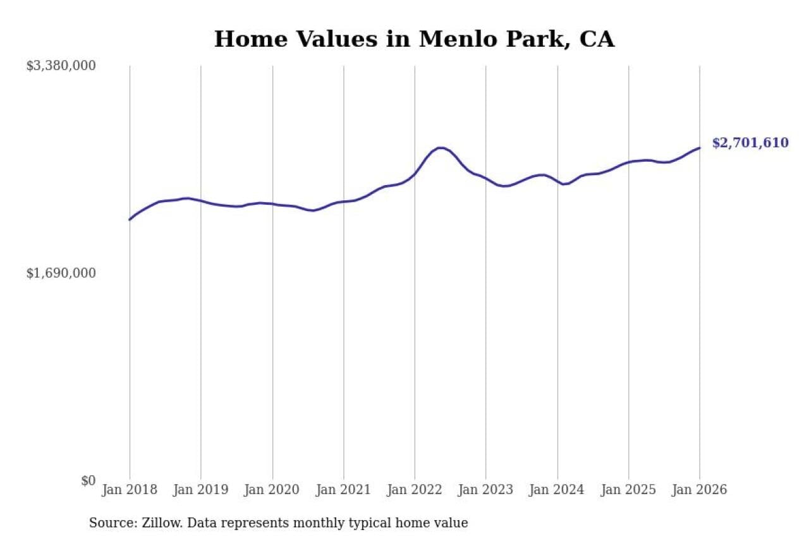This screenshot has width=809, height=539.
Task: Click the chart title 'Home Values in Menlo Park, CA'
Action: [414, 39]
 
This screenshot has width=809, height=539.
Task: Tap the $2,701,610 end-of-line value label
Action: [750, 143]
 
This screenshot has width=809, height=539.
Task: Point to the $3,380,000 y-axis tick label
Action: [61, 66]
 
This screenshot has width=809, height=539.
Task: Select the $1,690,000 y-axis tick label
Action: [61, 273]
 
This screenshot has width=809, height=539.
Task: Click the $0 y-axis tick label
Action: [88, 481]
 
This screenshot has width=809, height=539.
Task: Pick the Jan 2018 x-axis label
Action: [130, 490]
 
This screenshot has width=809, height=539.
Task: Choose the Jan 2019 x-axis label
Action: [201, 490]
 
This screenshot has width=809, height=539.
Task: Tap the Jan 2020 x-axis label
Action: [272, 490]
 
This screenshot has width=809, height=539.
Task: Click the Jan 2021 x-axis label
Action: [343, 490]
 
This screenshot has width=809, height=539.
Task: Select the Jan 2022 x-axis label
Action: [415, 490]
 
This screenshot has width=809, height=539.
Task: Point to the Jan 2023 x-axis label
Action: [485, 490]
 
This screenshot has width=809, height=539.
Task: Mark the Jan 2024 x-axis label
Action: [557, 490]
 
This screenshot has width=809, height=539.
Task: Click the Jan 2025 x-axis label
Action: [628, 490]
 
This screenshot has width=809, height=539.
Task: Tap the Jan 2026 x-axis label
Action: [699, 490]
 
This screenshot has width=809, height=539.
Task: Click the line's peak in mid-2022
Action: [441, 148]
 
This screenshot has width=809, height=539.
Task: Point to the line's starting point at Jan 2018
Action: [130, 219]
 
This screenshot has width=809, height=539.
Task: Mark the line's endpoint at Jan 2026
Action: [699, 148]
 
